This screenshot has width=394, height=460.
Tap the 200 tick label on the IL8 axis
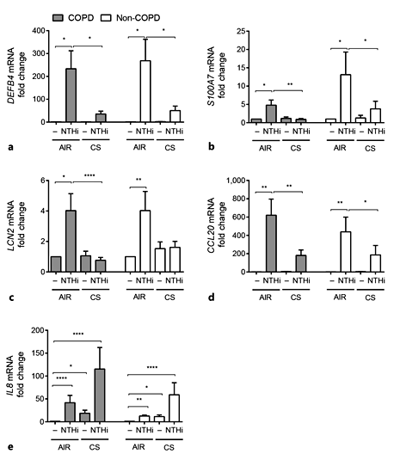[36, 330]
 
